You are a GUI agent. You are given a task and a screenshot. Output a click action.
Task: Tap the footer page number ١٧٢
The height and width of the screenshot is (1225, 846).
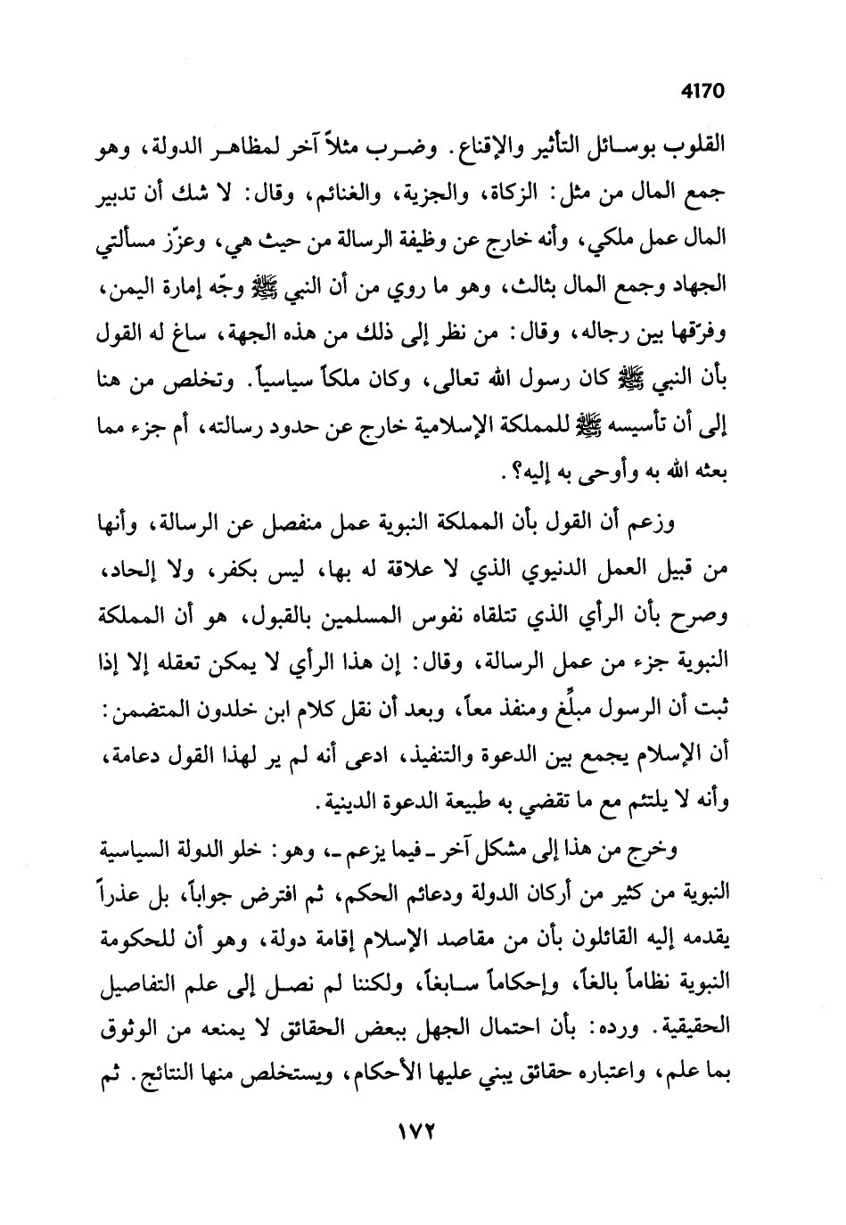(415, 1129)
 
